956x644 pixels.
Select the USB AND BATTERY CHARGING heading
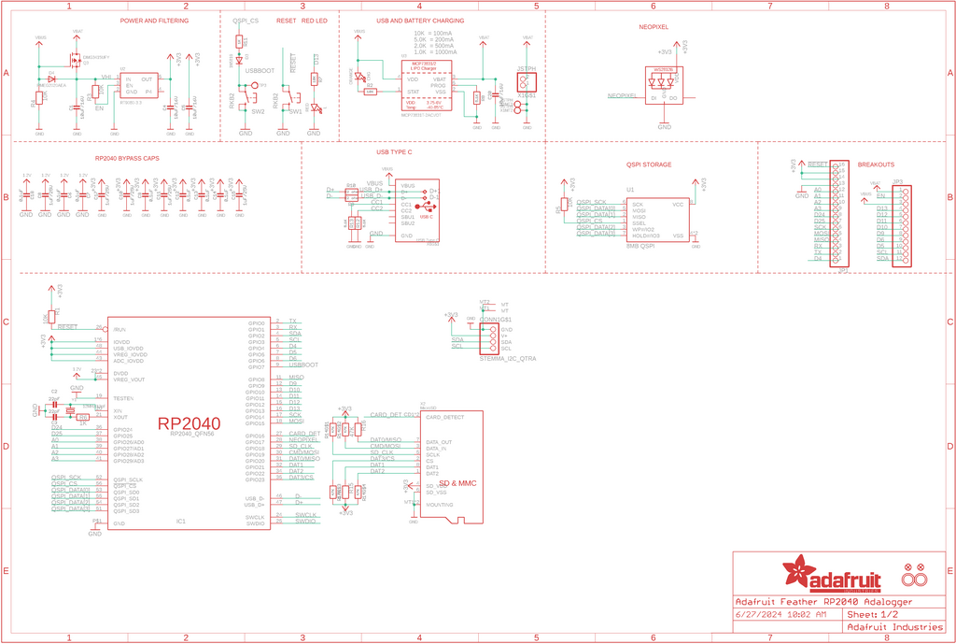(x=420, y=21)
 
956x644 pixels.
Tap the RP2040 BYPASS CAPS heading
(x=127, y=158)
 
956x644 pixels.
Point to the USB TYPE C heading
(x=394, y=151)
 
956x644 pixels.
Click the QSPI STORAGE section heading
(x=649, y=165)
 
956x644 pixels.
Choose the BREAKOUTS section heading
(x=875, y=165)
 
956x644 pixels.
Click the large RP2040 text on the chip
(x=190, y=422)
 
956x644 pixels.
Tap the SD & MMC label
(x=458, y=483)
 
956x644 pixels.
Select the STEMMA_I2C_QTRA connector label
(x=507, y=359)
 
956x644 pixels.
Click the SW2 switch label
(x=258, y=111)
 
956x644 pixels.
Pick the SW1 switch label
(x=295, y=111)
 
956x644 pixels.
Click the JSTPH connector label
(x=526, y=69)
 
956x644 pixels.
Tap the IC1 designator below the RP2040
(x=181, y=521)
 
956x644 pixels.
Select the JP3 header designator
(x=897, y=181)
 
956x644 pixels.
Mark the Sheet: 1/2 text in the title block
(x=872, y=615)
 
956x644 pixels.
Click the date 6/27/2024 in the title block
(x=758, y=615)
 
